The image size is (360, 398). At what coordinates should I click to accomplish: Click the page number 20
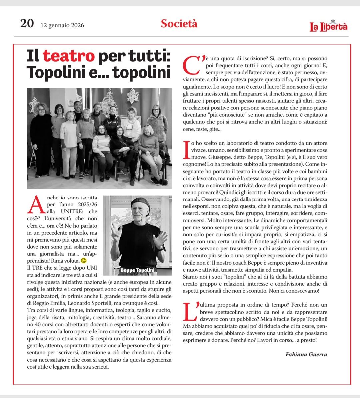pos(27,24)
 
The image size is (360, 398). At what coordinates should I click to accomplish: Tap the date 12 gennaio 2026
pos(62,25)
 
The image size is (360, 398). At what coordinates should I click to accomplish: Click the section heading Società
pos(179,23)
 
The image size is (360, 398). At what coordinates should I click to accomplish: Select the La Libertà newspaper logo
pos(329,26)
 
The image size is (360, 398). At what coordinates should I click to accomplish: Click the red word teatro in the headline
pos(69,56)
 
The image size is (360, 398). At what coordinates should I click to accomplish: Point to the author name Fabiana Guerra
pos(306,354)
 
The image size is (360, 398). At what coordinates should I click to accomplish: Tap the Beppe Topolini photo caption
pos(137,270)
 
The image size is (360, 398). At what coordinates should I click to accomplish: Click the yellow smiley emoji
pos(84,260)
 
